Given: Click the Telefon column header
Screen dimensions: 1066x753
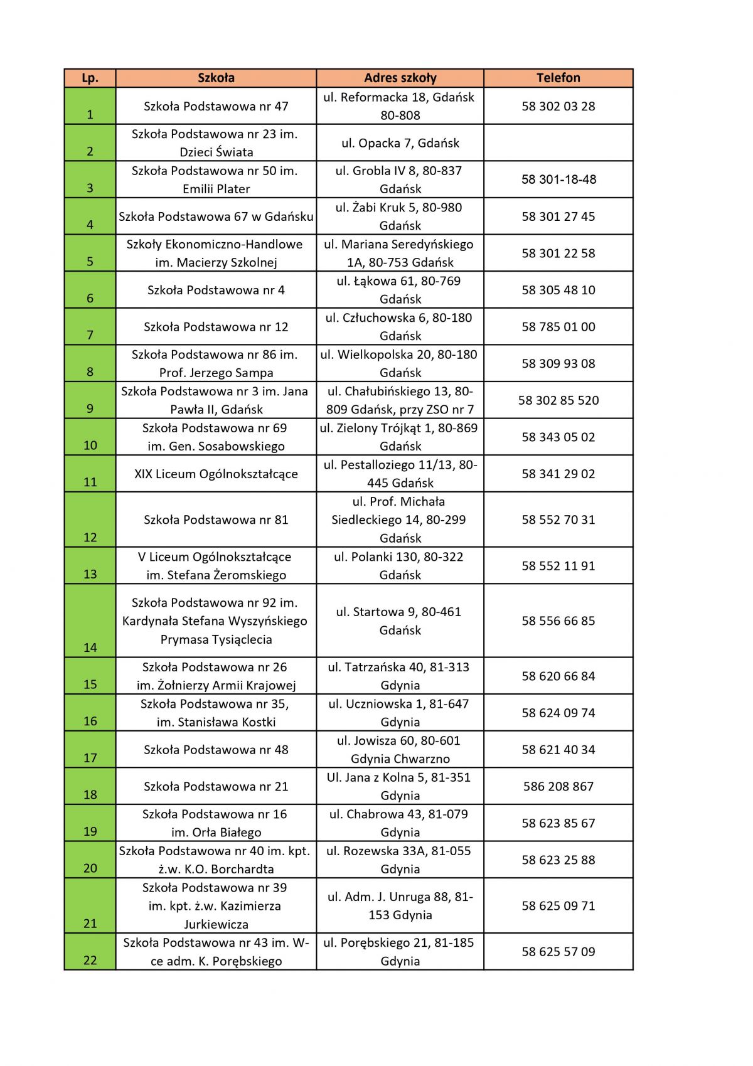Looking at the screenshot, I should [x=558, y=78].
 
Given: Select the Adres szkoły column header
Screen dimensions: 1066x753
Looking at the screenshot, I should [x=400, y=78].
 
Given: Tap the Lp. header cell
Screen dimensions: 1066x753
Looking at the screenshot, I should [x=90, y=78].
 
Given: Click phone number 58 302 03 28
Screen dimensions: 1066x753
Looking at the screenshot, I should [x=558, y=106].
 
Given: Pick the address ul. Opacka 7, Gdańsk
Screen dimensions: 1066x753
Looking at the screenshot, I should [x=400, y=143].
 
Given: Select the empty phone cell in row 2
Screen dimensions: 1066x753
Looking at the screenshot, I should [x=558, y=143].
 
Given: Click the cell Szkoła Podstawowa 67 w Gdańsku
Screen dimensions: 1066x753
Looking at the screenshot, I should [x=216, y=216].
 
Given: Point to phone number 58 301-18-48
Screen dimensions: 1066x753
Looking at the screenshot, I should [x=558, y=179].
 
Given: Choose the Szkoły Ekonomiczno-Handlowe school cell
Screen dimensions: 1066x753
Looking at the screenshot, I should [x=216, y=253].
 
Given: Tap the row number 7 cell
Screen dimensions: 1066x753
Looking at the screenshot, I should [x=90, y=327].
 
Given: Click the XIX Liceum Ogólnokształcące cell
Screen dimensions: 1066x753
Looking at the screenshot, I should [x=216, y=474].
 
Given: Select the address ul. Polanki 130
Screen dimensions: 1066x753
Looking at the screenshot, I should [x=400, y=565].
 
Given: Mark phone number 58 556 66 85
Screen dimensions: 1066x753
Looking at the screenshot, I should [x=558, y=621].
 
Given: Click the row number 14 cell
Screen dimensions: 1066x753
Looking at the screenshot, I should [x=90, y=621].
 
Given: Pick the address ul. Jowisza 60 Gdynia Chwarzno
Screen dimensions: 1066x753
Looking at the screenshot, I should [x=400, y=749].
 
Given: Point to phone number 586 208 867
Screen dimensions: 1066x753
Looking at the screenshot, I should [x=558, y=786].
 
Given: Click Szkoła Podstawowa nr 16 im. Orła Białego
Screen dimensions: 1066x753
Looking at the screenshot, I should [x=216, y=823].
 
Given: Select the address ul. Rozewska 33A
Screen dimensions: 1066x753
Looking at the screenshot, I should [x=400, y=860].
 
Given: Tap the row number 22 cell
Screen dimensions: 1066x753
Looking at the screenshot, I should [x=90, y=952].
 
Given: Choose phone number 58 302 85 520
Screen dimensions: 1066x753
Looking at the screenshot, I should [x=558, y=400].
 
